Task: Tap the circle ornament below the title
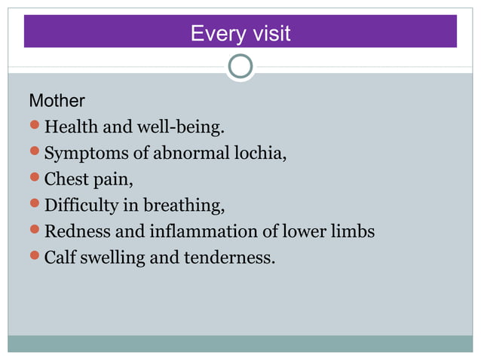coord(240,66)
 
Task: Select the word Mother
coord(57,100)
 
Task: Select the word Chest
coord(66,179)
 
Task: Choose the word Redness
coord(74,231)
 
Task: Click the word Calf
coord(60,257)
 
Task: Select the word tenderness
coord(229,257)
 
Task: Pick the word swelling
coord(114,258)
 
